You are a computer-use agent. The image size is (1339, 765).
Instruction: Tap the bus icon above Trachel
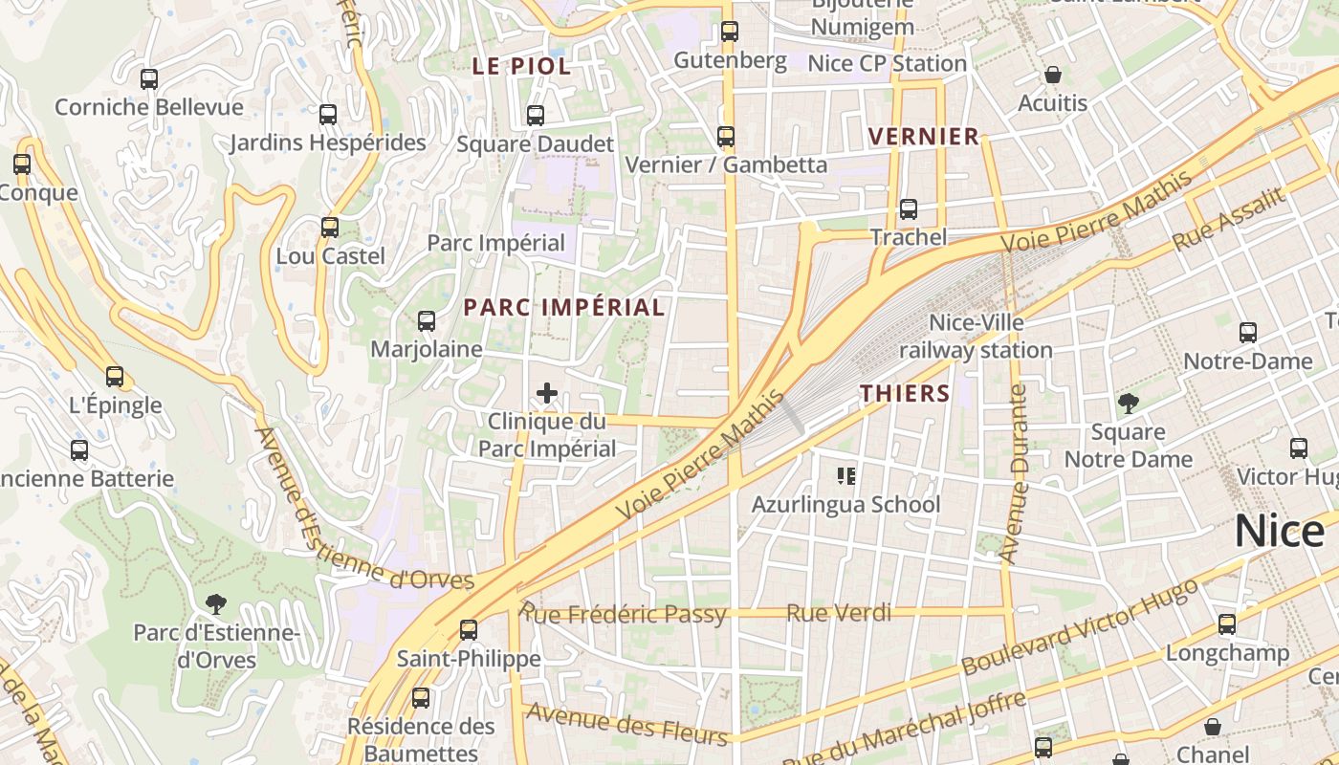pos(908,208)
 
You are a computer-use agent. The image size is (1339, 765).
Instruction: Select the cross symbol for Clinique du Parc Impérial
pos(547,393)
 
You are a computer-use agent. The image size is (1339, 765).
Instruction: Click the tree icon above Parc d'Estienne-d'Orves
pos(216,603)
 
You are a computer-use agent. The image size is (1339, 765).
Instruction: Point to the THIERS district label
pos(905,393)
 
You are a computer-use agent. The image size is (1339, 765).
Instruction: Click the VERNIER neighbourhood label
pos(924,137)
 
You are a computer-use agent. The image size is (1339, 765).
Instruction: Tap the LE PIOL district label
pos(521,66)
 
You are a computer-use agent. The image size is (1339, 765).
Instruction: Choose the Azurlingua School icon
pos(845,475)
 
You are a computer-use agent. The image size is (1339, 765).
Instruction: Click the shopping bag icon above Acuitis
pos(1053,75)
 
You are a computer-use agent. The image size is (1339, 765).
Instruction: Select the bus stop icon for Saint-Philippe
pos(469,629)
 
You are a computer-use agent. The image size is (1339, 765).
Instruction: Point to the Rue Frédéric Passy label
pos(624,614)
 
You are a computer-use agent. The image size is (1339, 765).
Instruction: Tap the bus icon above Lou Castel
pos(330,228)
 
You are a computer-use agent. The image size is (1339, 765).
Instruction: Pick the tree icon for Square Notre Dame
pos(1129,403)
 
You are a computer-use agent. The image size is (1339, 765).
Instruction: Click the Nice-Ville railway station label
pos(976,337)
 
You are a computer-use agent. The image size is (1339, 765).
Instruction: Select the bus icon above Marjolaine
pos(427,320)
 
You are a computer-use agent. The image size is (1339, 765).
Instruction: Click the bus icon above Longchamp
pos(1227,624)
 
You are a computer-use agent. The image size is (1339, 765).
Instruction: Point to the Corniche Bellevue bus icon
pos(149,78)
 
